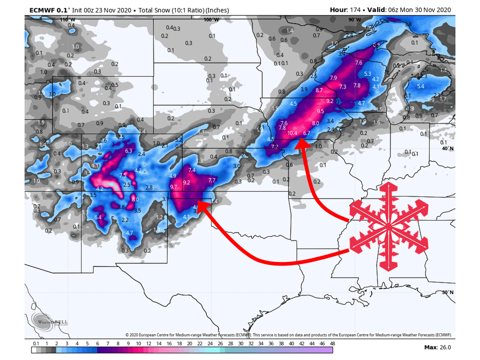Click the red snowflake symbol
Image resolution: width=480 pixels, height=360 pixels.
388,225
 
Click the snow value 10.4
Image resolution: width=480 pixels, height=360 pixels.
292,133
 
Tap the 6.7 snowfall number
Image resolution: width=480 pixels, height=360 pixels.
307,133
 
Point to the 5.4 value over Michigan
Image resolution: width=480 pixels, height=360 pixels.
420,86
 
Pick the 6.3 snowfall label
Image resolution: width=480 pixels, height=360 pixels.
128,151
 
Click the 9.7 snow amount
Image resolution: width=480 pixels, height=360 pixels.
174,187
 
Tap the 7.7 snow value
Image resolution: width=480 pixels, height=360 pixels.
211,180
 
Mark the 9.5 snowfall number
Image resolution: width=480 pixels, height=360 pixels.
320,111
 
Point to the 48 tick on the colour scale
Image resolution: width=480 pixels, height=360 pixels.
332,343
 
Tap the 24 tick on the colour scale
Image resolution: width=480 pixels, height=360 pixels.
210,343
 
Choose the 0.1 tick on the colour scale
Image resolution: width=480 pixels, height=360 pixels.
35,343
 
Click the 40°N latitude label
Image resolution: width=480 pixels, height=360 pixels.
447,148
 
